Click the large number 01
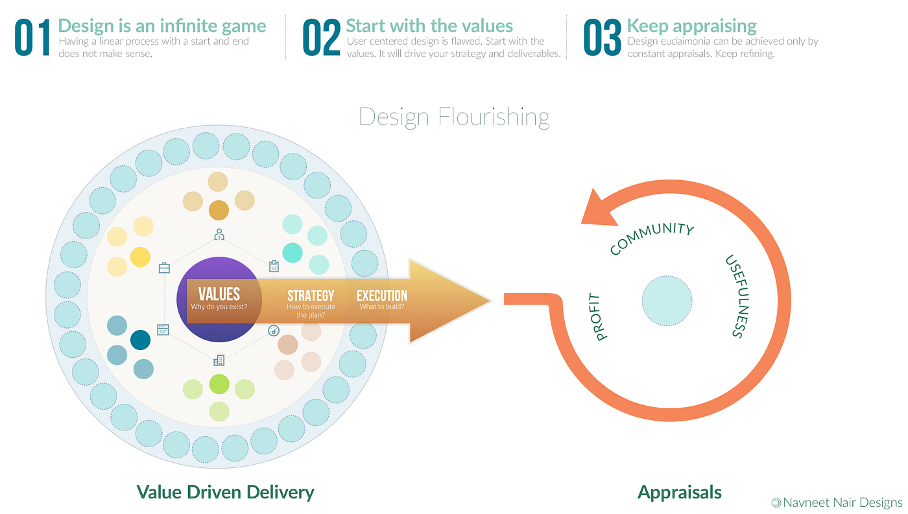[32, 38]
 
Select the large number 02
[322, 38]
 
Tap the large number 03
[603, 38]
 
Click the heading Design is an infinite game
[162, 26]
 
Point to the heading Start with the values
[429, 26]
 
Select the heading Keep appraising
[691, 26]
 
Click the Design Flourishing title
[454, 117]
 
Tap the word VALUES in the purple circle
[219, 294]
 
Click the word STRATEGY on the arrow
[311, 296]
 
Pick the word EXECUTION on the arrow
[382, 296]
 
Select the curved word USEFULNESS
[734, 296]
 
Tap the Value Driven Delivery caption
[225, 492]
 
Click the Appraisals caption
[680, 492]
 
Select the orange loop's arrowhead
[601, 206]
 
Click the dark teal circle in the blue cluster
[140, 340]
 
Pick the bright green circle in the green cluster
[219, 384]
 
